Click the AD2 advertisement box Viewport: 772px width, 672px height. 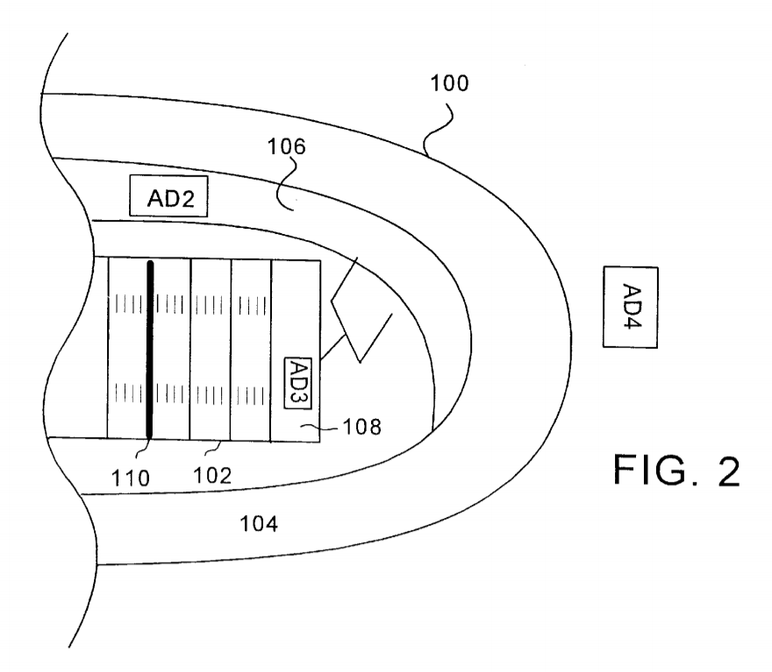pos(168,196)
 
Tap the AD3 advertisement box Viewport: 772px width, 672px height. pos(298,384)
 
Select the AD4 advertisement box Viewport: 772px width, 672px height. pos(631,308)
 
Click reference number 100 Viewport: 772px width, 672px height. pos(449,83)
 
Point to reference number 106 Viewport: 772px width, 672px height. pos(287,146)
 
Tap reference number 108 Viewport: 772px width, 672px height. pos(361,428)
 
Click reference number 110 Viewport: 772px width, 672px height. pos(131,477)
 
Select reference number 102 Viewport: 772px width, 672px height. pos(212,476)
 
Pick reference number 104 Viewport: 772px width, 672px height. pos(259,524)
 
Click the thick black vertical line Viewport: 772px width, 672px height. pos(150,350)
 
